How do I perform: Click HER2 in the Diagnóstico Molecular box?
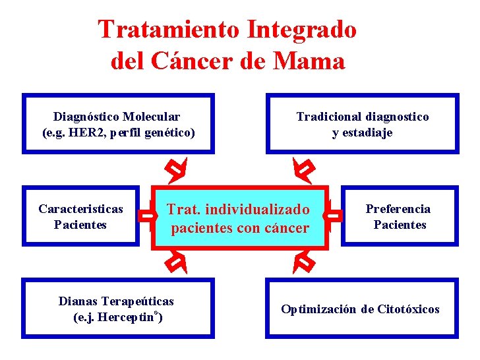(x=89, y=133)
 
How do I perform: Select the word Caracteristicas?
(x=80, y=209)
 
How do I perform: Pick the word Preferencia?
(x=398, y=209)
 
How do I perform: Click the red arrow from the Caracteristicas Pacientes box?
(x=146, y=215)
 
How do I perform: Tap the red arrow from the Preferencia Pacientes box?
(x=335, y=215)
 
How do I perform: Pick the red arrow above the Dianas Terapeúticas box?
(x=175, y=262)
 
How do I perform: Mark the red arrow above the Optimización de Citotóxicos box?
(x=304, y=262)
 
